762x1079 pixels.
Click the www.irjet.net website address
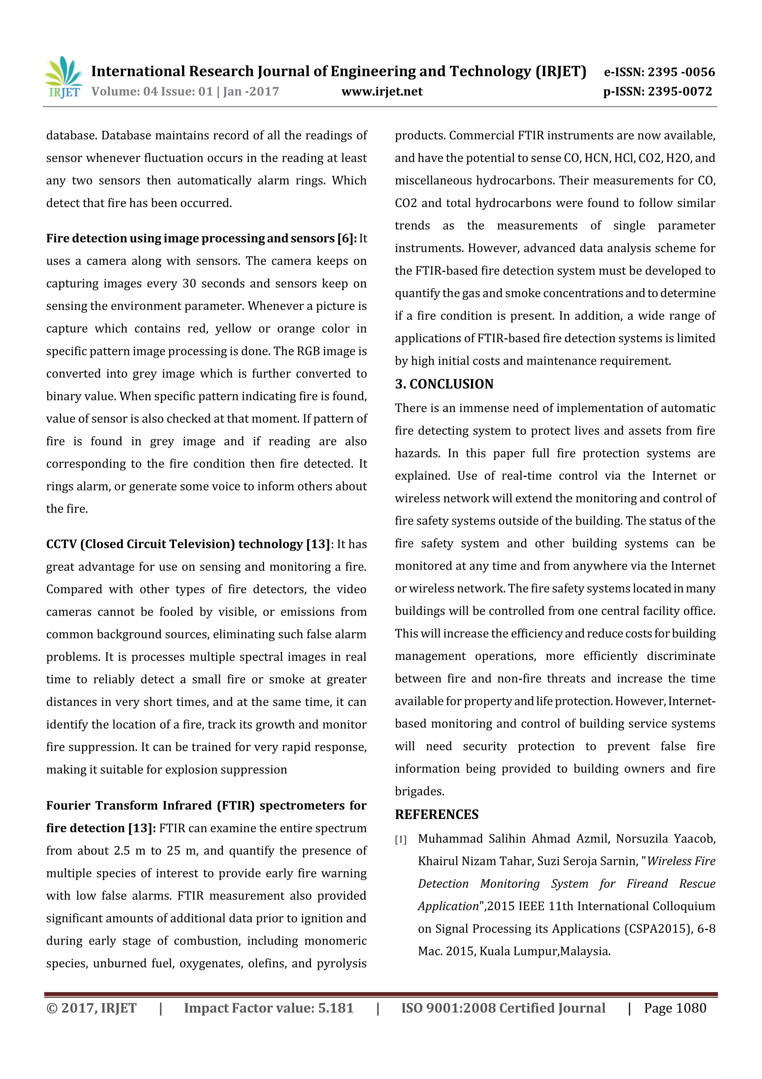pyautogui.click(x=382, y=92)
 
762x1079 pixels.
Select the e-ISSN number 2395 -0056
pyautogui.click(x=681, y=72)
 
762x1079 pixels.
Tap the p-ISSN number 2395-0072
pyautogui.click(x=679, y=92)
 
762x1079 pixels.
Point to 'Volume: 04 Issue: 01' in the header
pyautogui.click(x=152, y=92)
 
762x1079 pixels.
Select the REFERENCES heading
pyautogui.click(x=437, y=815)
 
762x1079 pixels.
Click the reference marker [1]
pyautogui.click(x=400, y=840)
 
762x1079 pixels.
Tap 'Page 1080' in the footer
pyautogui.click(x=675, y=1008)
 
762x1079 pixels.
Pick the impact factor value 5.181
pyautogui.click(x=336, y=1008)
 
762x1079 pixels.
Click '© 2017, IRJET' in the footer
pyautogui.click(x=92, y=1008)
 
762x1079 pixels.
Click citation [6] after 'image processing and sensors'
pyautogui.click(x=346, y=239)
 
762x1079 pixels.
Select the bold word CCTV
pyautogui.click(x=61, y=544)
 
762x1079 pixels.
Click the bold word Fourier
pyautogui.click(x=68, y=806)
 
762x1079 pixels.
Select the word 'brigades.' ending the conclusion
pyautogui.click(x=419, y=791)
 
